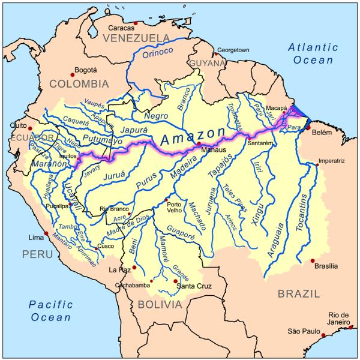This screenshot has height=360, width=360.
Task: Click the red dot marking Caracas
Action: coord(136,23)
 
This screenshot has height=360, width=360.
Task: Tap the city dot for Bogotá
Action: coord(73,74)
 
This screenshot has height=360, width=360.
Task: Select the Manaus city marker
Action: coord(199,144)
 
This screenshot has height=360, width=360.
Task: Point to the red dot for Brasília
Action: coord(312,260)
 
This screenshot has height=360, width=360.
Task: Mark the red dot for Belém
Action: coord(309,128)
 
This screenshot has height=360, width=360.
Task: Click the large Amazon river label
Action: coord(192,137)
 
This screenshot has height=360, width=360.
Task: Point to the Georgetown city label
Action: coord(233,51)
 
